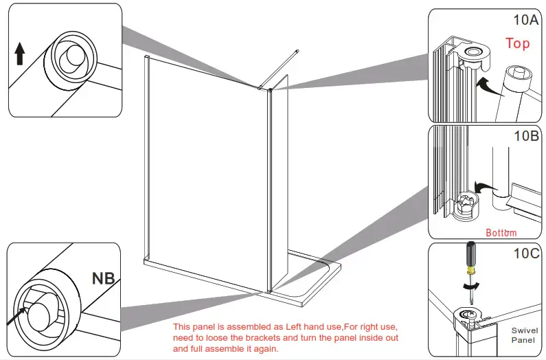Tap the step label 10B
point(525,135)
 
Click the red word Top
point(518,43)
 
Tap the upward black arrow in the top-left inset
point(20,53)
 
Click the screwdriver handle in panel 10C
point(469,258)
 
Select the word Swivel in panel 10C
point(525,330)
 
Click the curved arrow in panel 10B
point(486,186)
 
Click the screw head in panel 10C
point(468,315)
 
